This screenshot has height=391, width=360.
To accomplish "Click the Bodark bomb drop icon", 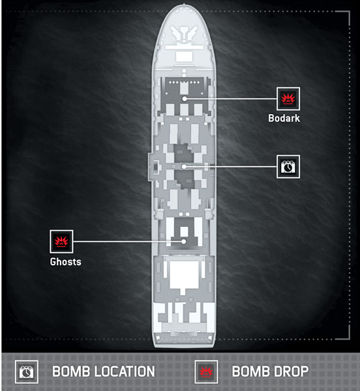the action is click(288, 99).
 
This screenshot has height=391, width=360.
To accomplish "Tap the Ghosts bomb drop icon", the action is click(61, 241).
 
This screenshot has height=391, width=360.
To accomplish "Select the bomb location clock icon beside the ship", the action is click(288, 167).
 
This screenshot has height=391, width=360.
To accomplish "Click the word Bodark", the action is click(284, 118).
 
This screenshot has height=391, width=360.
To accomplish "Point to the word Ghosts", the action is click(66, 262).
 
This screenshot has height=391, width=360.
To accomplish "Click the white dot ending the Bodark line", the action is click(185, 99).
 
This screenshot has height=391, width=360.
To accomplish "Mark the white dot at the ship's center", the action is click(184, 167).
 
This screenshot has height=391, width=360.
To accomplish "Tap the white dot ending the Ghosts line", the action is click(184, 241).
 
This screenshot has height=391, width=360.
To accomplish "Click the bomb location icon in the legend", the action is click(27, 372).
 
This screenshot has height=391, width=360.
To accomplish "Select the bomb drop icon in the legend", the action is click(206, 372).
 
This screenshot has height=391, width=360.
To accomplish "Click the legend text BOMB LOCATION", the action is click(104, 371).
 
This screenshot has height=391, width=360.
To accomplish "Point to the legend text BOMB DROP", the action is click(270, 371).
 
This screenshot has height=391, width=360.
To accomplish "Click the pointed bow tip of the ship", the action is click(184, 4).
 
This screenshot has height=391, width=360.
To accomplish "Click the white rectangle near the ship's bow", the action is click(184, 57).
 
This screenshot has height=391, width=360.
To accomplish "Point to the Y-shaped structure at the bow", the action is click(184, 33).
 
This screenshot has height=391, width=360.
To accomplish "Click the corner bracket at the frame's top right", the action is click(346, 15).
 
